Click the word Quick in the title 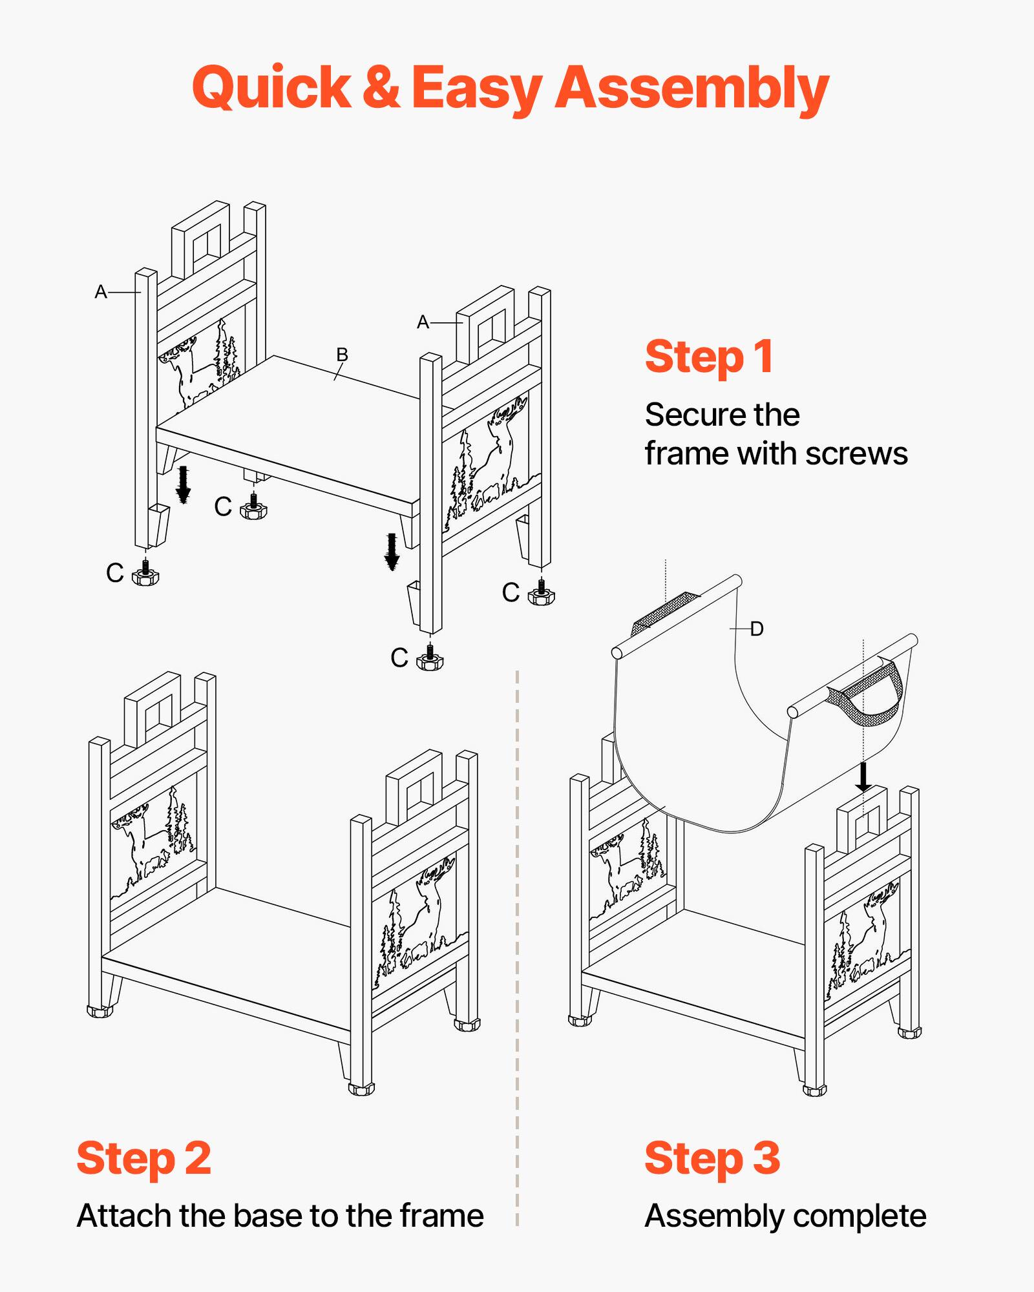tap(271, 89)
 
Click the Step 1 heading tap(709, 357)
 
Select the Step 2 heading tap(143, 1158)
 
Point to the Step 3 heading tap(712, 1158)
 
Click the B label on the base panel tap(342, 355)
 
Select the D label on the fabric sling tap(757, 629)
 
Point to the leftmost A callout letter tap(101, 292)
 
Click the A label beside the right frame tap(423, 322)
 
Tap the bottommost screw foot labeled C tap(430, 659)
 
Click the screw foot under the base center tap(253, 508)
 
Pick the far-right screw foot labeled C tap(541, 594)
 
